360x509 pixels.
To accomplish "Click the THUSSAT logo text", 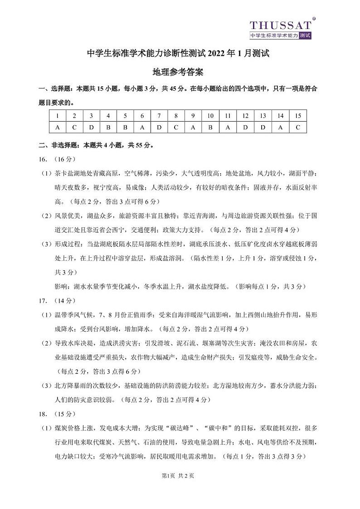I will coord(281,25).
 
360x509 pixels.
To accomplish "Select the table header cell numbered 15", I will coord(297,116).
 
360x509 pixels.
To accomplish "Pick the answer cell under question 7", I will coord(159,127).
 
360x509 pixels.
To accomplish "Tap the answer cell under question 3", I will coord(91,127).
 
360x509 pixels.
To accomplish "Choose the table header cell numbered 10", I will coord(210,116).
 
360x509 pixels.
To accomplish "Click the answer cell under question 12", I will coord(245,127).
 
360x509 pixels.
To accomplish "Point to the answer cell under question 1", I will coord(58,127).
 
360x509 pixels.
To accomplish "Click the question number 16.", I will coord(44,159).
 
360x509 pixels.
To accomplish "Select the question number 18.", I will coord(44,414).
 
